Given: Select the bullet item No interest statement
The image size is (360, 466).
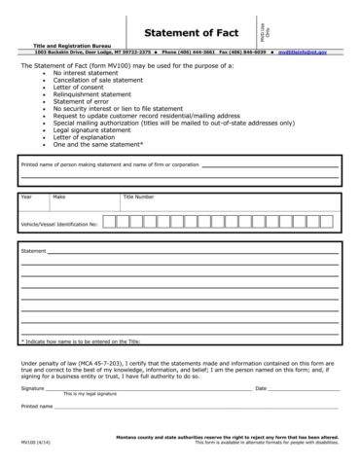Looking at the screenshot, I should (87, 73).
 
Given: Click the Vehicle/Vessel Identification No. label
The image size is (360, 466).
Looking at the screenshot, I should (59, 223).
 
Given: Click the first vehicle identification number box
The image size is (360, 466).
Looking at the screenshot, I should (109, 222).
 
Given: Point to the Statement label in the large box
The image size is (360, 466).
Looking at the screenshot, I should (34, 251).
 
